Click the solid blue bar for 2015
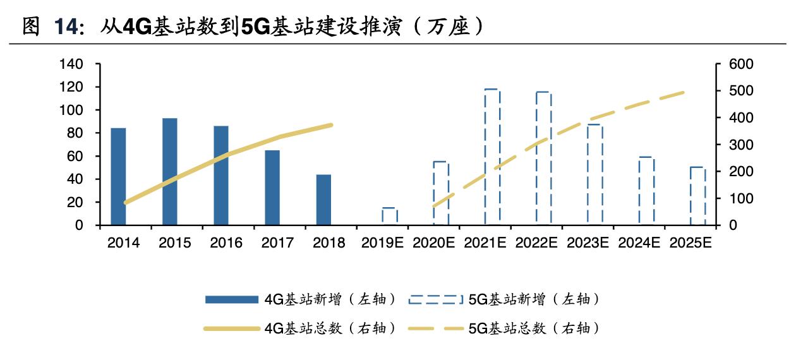(169, 171)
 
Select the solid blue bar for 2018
(323, 200)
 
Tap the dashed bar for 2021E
(492, 157)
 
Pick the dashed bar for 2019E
(390, 216)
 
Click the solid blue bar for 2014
(118, 176)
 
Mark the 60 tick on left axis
(76, 156)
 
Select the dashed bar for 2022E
(543, 158)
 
